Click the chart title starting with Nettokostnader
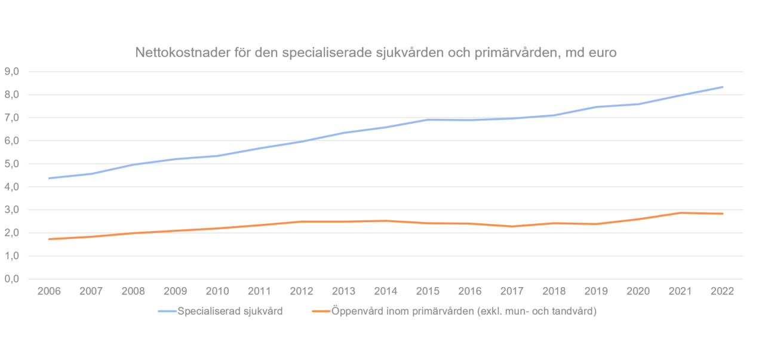(x=376, y=53)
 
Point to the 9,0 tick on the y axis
(x=12, y=72)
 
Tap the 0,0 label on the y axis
(x=12, y=279)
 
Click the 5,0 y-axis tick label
(x=12, y=164)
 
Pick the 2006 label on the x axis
(x=48, y=291)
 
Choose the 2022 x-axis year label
(x=722, y=291)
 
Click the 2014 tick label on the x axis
(x=385, y=291)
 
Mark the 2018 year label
(x=554, y=291)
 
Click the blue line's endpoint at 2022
(x=723, y=87)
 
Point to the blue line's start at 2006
(x=49, y=178)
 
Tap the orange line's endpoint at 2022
(x=723, y=214)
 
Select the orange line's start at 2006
(x=49, y=239)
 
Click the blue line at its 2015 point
(x=428, y=119)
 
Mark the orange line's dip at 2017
(x=512, y=226)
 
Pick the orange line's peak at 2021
(x=680, y=213)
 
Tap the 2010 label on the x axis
(x=217, y=291)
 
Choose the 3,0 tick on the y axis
(x=12, y=210)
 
